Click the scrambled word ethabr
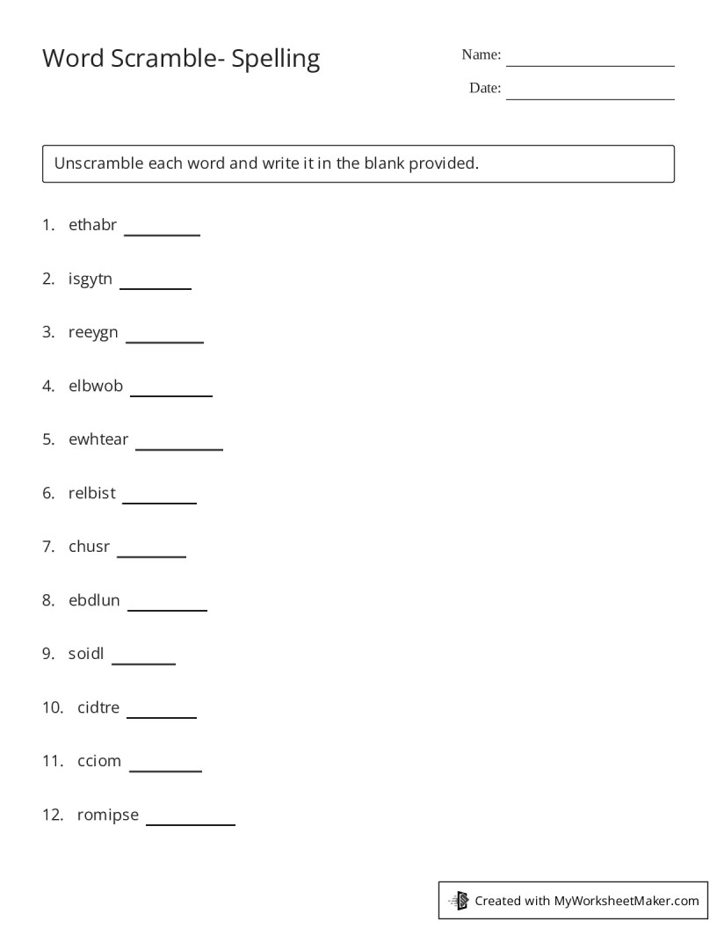(92, 225)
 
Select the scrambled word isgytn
(91, 279)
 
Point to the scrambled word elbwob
(96, 386)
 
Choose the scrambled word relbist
(92, 493)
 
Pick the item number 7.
(48, 547)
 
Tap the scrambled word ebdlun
(94, 601)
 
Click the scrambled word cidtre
(98, 707)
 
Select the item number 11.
(52, 761)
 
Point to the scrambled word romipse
(108, 815)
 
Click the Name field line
(590, 64)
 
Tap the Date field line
(590, 98)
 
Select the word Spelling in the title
(276, 60)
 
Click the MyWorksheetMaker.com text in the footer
(626, 900)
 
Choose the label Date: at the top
(485, 88)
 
